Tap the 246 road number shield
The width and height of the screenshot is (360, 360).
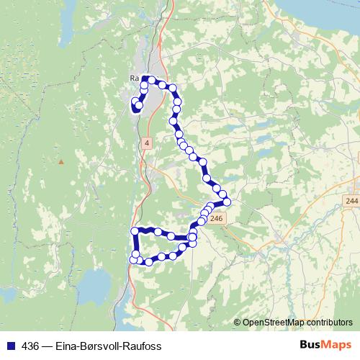(219, 217)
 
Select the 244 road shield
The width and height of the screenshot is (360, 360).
(351, 199)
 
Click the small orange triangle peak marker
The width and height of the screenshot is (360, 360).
(61, 161)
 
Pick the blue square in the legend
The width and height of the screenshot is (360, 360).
(9, 345)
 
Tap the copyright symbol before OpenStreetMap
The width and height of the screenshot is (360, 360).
(238, 323)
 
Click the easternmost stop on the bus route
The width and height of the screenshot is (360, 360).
(227, 202)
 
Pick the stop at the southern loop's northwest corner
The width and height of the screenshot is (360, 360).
(134, 230)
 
